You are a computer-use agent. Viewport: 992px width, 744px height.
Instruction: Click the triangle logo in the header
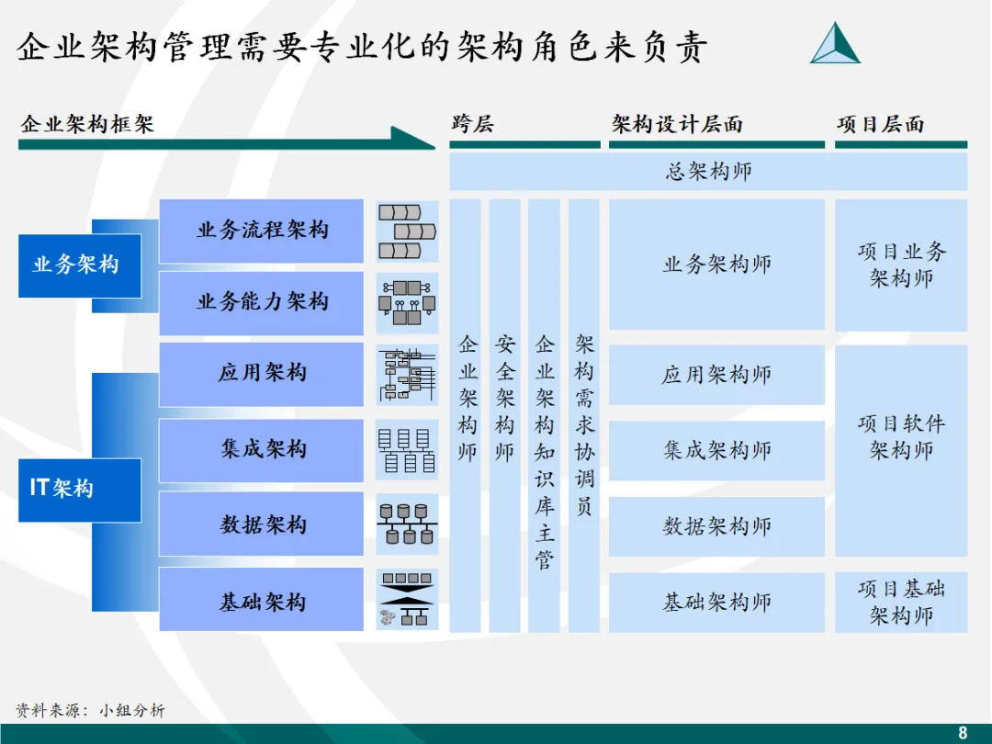point(835,43)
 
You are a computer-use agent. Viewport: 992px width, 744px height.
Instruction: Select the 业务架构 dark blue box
point(80,265)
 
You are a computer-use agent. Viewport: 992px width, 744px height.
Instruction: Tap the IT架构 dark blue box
point(80,490)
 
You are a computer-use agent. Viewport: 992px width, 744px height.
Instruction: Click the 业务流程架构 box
point(262,231)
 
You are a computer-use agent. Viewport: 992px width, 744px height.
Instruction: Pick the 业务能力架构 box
point(262,302)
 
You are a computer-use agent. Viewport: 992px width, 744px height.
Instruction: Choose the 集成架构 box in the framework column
point(262,450)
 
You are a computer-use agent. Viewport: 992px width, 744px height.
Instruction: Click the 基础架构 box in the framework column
point(262,601)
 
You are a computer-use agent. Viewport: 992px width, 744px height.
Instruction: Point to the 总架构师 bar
point(708,172)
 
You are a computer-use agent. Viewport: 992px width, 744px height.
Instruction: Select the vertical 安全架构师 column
point(505,415)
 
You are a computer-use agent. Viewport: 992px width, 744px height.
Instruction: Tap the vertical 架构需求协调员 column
point(584,415)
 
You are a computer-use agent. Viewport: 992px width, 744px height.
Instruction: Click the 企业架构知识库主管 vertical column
point(545,415)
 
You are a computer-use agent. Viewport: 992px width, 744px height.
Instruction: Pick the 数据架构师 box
point(716,526)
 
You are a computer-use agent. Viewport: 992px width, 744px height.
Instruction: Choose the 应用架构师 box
point(716,375)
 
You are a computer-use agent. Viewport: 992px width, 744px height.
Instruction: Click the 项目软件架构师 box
point(901,450)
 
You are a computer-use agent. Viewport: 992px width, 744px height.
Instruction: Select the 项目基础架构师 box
point(901,602)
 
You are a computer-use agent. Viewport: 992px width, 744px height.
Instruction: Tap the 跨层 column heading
point(472,124)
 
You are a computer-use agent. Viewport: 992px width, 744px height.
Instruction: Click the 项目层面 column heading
point(880,124)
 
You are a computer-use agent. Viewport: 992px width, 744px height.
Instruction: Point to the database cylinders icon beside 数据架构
point(407,524)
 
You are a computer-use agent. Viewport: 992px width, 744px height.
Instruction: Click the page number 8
point(963,732)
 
